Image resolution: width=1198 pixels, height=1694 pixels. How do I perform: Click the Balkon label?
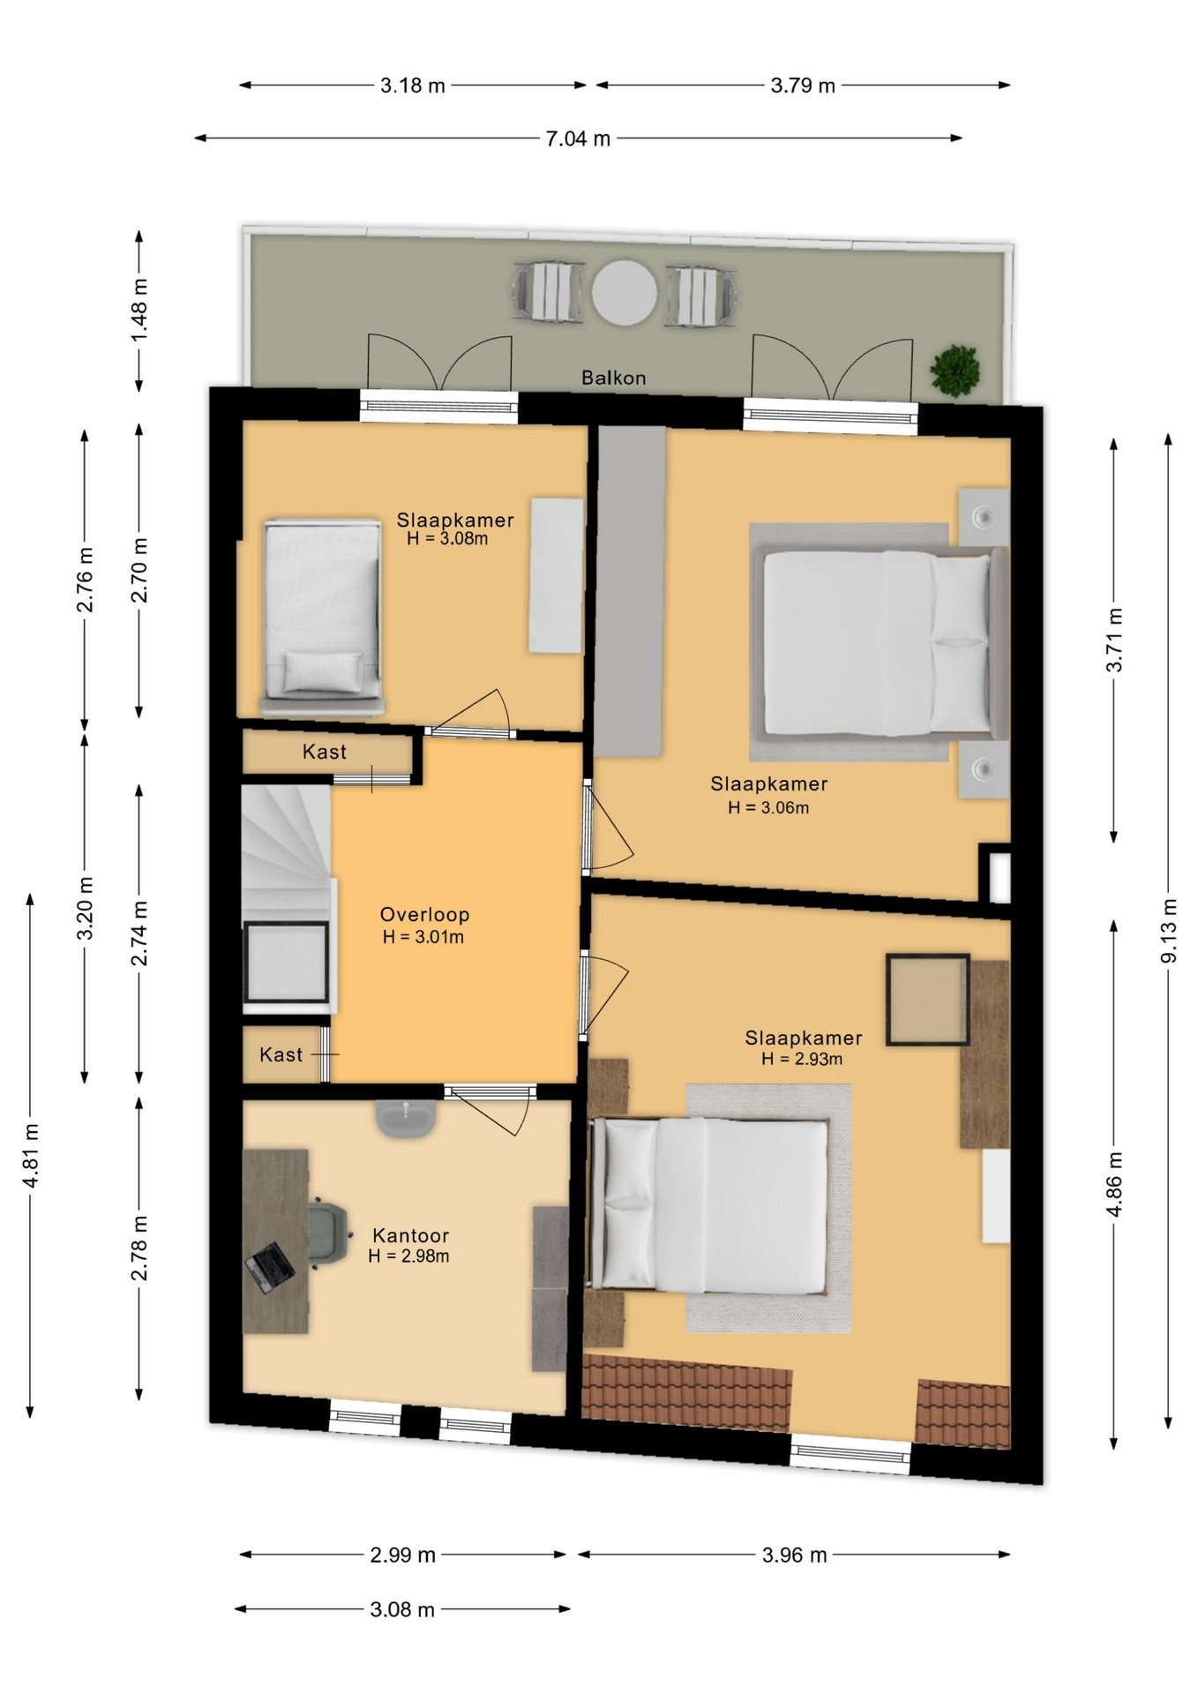pos(613,378)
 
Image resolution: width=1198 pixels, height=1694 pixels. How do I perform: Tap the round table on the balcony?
pos(625,292)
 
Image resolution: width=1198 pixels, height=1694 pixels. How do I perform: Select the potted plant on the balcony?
pos(955,371)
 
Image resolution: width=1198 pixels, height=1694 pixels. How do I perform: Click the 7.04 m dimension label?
pos(578,139)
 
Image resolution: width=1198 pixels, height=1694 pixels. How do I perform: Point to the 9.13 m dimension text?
pos(1168,931)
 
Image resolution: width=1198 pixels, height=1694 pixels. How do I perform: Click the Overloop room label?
pos(424,915)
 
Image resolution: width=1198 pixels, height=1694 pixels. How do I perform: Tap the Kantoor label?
pos(410,1235)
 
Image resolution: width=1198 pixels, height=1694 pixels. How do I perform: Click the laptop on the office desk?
pos(270,1267)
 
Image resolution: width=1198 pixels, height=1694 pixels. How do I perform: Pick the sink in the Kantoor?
pos(406,1118)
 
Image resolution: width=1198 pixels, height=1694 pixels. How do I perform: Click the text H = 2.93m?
pos(802,1059)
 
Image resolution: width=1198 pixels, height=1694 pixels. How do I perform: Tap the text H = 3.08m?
pos(447,538)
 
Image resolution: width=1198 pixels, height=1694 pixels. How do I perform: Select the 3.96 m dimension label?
pos(794,1555)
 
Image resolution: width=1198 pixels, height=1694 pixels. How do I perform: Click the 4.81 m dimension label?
pos(31,1155)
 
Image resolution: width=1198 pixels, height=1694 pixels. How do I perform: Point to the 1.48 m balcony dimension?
pos(139,311)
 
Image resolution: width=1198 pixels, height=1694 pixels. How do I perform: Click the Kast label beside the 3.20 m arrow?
pos(324,752)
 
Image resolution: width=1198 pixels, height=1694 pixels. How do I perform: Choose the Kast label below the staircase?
pos(281,1054)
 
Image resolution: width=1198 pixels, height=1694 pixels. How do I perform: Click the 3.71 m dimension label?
pos(1114,640)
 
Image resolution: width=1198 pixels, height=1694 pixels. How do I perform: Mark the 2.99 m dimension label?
pos(402,1555)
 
